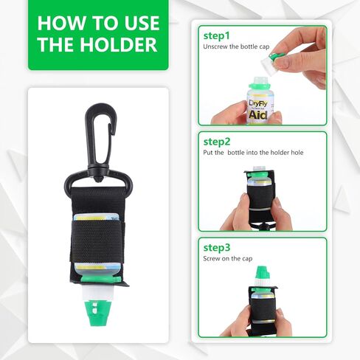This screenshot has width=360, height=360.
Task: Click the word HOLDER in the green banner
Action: click(x=118, y=44)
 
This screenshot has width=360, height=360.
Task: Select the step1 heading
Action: click(x=217, y=36)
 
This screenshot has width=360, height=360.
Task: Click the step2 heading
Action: click(x=217, y=142)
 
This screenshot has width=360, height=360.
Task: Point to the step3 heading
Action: click(x=217, y=248)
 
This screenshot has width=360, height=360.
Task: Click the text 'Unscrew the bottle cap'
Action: click(x=236, y=46)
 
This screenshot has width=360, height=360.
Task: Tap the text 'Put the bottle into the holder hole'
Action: click(x=253, y=153)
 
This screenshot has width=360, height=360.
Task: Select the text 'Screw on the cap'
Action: click(x=228, y=258)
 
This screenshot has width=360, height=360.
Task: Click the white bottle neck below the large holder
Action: click(x=98, y=293)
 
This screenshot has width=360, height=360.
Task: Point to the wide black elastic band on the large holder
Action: click(x=97, y=241)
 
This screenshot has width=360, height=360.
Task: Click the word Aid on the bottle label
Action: click(x=257, y=115)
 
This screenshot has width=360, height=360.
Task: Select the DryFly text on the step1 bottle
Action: click(x=258, y=103)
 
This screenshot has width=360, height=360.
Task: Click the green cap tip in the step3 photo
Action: click(x=261, y=272)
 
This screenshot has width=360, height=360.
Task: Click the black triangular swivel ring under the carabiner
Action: click(x=98, y=181)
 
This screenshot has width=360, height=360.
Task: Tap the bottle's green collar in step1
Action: click(x=260, y=86)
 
